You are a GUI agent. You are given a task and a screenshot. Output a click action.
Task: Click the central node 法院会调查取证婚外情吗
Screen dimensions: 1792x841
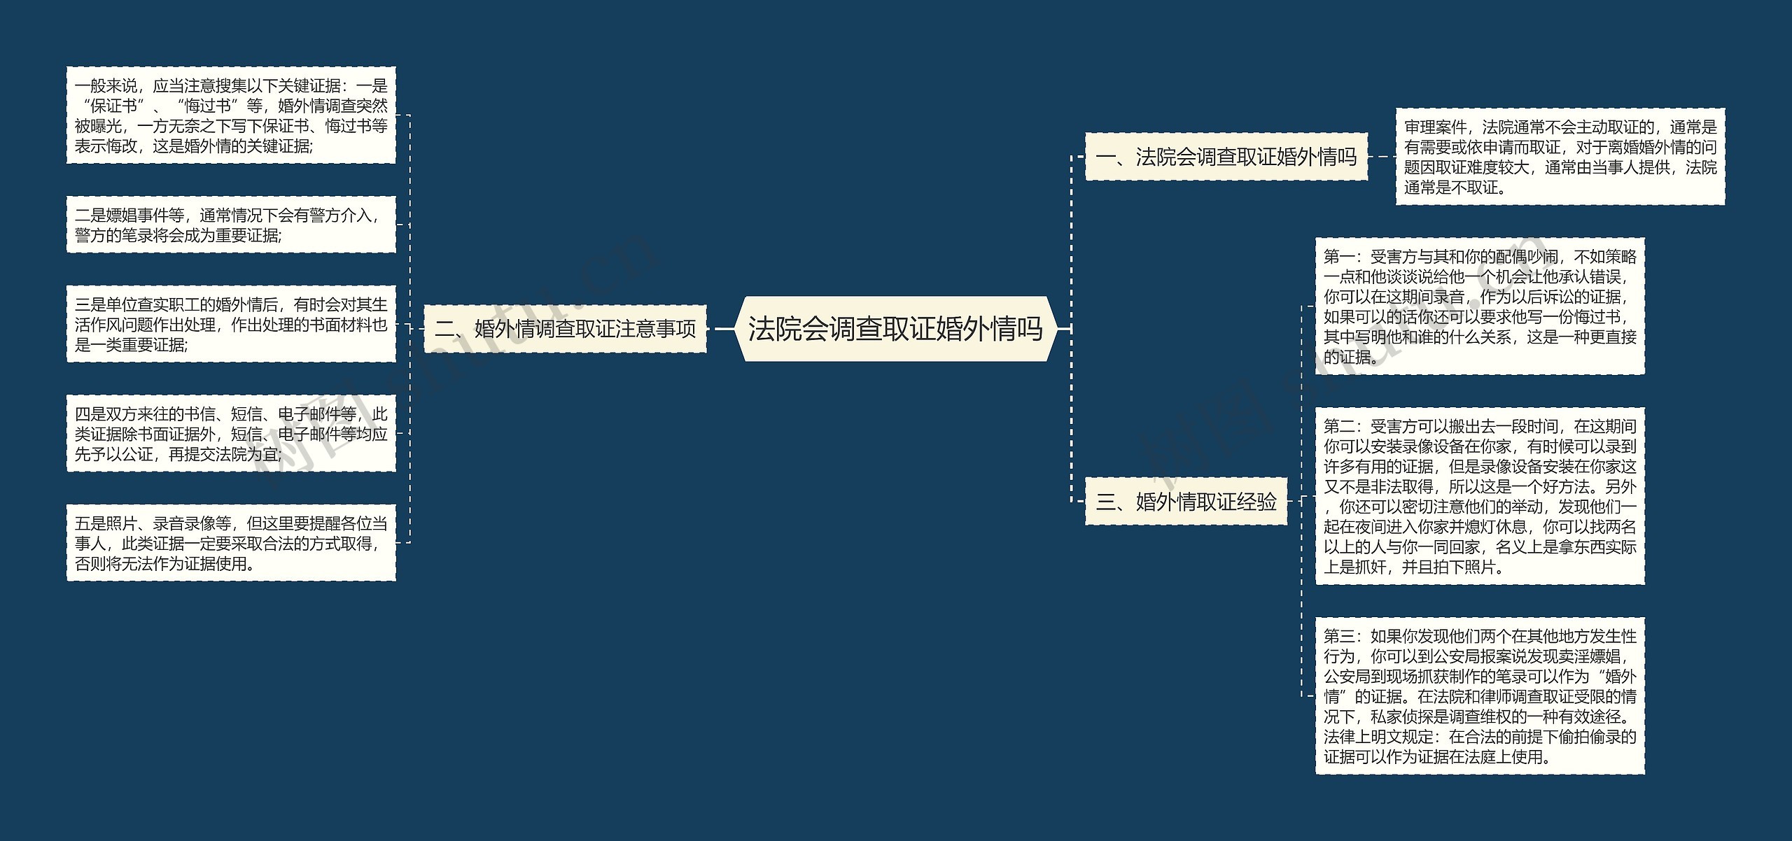pyautogui.click(x=895, y=329)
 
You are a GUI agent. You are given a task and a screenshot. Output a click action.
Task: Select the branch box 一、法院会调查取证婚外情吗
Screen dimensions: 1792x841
pyautogui.click(x=1226, y=157)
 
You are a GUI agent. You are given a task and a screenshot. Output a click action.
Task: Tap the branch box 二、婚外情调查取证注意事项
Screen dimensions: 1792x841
pyautogui.click(x=565, y=329)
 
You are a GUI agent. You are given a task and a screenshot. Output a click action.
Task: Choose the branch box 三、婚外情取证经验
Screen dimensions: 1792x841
pyautogui.click(x=1186, y=501)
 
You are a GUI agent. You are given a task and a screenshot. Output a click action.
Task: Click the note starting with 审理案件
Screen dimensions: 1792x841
pyautogui.click(x=1560, y=157)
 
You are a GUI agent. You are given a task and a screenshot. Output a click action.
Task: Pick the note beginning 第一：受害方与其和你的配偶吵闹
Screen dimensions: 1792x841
pyautogui.click(x=1480, y=306)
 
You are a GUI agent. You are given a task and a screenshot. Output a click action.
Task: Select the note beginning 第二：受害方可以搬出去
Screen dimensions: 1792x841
pyautogui.click(x=1480, y=495)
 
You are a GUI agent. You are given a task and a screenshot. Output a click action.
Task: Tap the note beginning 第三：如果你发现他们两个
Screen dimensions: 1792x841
pyautogui.click(x=1480, y=695)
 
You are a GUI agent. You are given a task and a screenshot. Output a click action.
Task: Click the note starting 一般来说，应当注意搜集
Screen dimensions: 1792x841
pyautogui.click(x=231, y=115)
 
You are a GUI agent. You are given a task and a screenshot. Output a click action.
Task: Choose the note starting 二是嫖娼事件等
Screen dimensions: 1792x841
pyautogui.click(x=231, y=225)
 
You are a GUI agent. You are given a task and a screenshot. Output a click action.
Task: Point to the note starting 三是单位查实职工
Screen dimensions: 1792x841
pyautogui.click(x=231, y=324)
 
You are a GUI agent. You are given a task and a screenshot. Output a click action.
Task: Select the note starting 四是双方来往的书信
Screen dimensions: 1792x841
pyautogui.click(x=231, y=433)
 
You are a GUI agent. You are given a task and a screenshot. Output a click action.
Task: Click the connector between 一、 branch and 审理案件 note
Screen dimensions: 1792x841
pyautogui.click(x=1381, y=157)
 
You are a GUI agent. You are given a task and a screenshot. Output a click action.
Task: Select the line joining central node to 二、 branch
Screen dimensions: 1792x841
pyautogui.click(x=722, y=329)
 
